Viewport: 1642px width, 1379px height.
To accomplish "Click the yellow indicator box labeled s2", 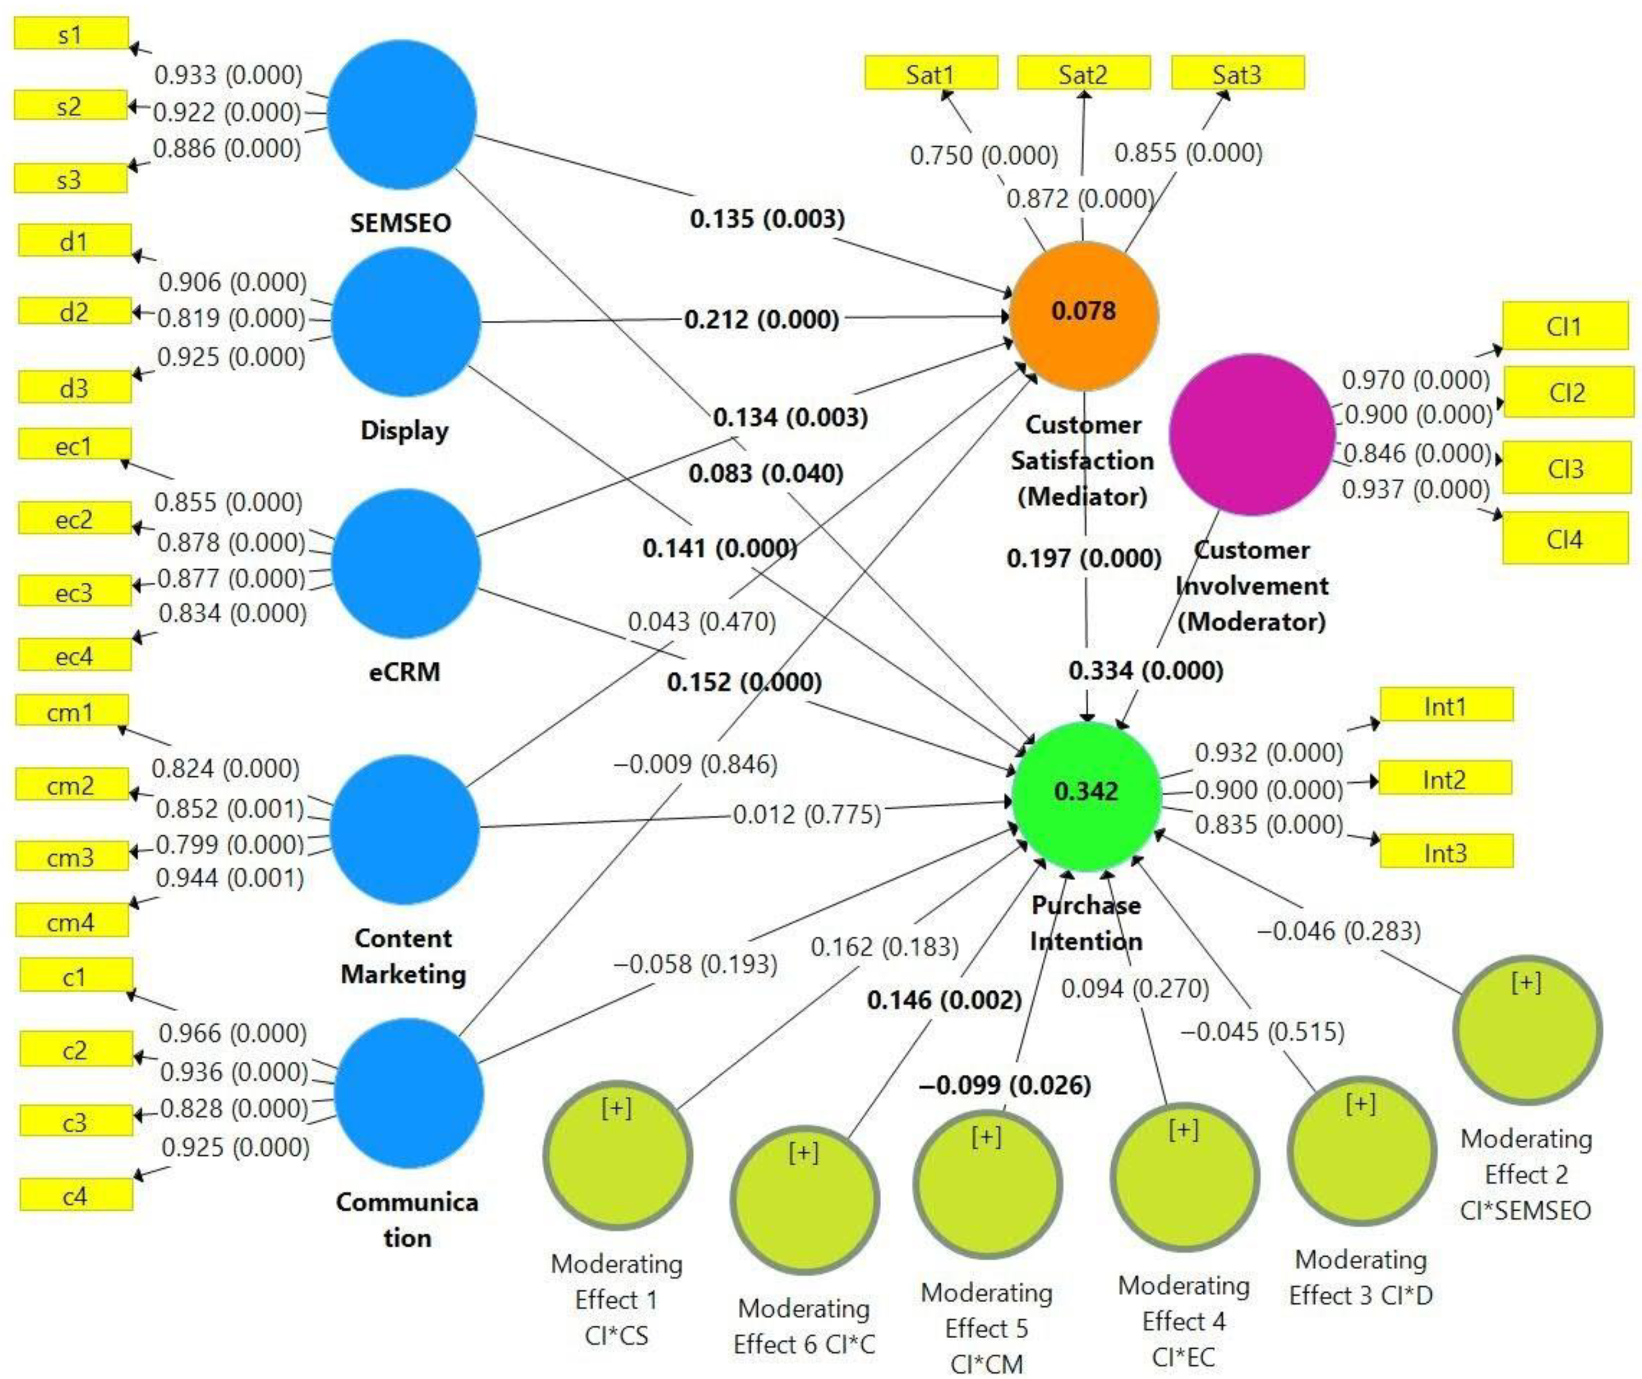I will pyautogui.click(x=71, y=105).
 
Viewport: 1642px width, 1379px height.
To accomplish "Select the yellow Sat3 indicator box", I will pyautogui.click(x=1237, y=74).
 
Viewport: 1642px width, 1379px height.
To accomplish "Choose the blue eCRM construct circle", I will pyautogui.click(x=406, y=563).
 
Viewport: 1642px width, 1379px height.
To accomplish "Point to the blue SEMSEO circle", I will pyautogui.click(x=401, y=115).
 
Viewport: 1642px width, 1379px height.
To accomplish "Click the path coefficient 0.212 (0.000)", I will pyautogui.click(x=761, y=319).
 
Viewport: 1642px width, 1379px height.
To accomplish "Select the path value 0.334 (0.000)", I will pyautogui.click(x=1146, y=670).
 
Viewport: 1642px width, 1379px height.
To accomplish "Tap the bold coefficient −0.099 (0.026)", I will pyautogui.click(x=1005, y=1085).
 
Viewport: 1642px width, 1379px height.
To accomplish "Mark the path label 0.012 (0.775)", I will pyautogui.click(x=806, y=815).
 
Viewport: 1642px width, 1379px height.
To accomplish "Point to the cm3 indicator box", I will pyautogui.click(x=71, y=856).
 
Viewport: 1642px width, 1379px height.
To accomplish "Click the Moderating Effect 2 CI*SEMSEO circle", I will pyautogui.click(x=1527, y=1030).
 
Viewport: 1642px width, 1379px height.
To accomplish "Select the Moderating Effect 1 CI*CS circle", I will pyautogui.click(x=617, y=1154).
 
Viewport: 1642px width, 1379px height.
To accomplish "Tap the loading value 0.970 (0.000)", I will pyautogui.click(x=1416, y=380).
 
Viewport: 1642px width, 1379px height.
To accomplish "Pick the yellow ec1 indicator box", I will pyautogui.click(x=74, y=447).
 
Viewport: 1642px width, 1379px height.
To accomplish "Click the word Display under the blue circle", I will pyautogui.click(x=404, y=430).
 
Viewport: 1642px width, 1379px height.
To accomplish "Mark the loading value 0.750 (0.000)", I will pyautogui.click(x=983, y=155).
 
